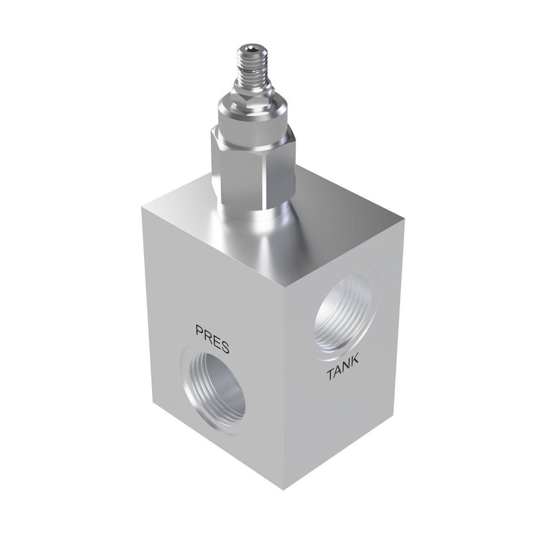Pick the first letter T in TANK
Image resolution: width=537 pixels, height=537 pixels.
tap(330, 376)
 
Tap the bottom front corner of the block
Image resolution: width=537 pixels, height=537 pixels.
tap(283, 489)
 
